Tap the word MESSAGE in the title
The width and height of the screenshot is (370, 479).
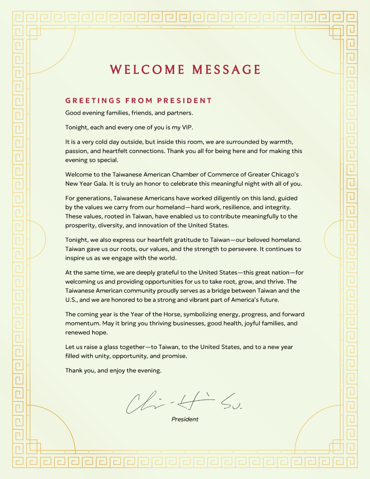click(226, 70)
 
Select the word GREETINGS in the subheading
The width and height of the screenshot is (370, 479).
click(92, 101)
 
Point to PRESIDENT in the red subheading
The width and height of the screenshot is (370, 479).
click(185, 101)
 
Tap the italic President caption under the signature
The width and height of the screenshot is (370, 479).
click(185, 419)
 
